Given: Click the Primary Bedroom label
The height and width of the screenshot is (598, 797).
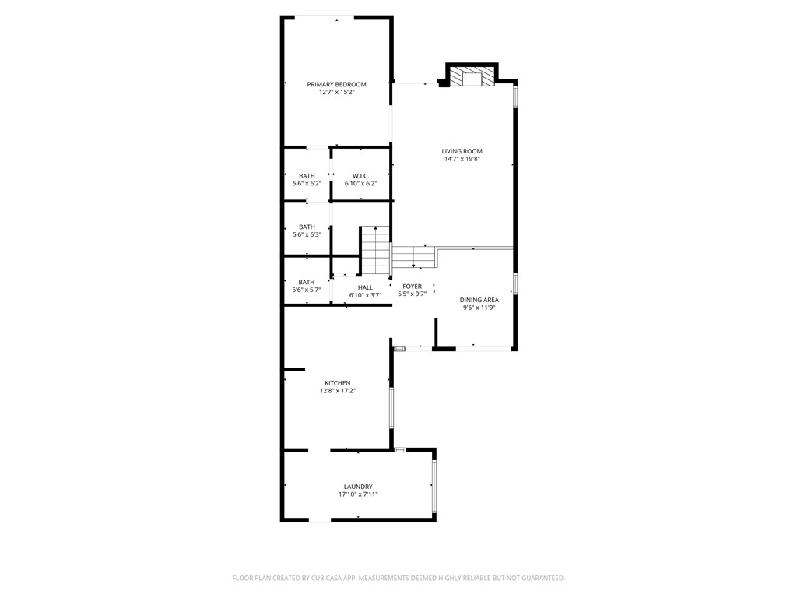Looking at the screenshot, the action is (336, 84).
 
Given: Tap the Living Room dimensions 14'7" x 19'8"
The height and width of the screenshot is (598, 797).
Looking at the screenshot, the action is (462, 159).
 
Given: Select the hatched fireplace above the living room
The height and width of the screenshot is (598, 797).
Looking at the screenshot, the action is (472, 77).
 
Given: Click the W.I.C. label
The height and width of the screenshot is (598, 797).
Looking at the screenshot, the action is (361, 176).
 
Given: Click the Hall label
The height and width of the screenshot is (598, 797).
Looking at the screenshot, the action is (365, 288).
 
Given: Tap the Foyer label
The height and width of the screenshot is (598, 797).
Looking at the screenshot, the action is (413, 287).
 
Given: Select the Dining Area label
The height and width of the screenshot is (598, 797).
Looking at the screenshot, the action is (479, 300).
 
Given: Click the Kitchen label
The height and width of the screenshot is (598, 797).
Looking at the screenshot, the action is (338, 383).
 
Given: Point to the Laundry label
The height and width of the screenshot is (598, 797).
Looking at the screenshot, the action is (358, 487).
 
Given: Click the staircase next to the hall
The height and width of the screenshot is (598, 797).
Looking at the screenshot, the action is (375, 251).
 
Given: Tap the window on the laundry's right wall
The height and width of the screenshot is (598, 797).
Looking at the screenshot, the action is (434, 487).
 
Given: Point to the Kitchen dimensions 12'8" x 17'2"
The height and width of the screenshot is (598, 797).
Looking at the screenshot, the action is (338, 391).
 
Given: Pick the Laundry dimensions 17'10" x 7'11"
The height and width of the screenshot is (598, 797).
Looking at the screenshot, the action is (358, 494).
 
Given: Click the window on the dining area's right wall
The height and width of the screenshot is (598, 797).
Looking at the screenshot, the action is (515, 283).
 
